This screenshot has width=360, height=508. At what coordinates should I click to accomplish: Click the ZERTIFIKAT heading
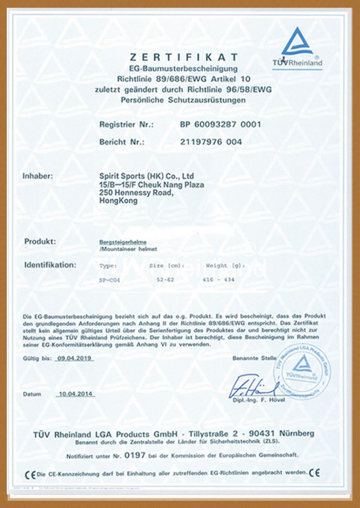click(184, 57)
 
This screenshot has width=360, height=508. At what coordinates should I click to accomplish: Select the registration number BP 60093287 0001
click(220, 125)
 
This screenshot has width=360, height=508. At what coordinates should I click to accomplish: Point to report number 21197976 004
click(211, 142)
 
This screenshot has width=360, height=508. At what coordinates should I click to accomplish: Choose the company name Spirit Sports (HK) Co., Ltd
click(146, 176)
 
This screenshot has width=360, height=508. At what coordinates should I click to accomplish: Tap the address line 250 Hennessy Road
click(135, 193)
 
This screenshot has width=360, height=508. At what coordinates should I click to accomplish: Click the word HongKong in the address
click(117, 201)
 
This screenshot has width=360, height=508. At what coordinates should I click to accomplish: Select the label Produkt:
click(40, 241)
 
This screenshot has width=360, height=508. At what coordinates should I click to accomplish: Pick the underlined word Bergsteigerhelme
click(117, 242)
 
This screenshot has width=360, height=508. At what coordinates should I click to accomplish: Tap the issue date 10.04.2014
click(75, 394)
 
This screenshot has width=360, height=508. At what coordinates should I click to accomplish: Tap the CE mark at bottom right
click(315, 472)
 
